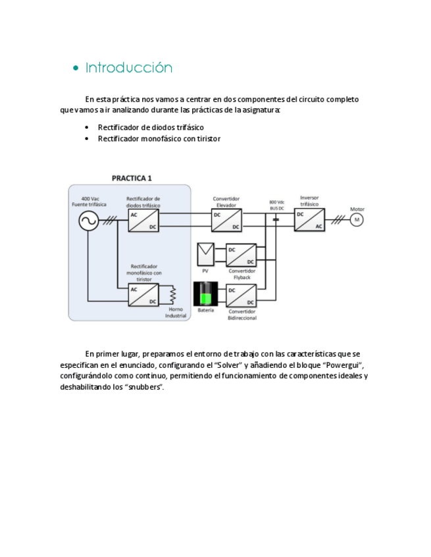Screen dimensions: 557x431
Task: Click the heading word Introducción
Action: click(x=129, y=68)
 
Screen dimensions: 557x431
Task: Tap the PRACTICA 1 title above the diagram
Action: click(x=132, y=178)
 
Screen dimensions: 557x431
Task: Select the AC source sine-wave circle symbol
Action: click(x=88, y=221)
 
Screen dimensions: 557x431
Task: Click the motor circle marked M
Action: click(x=357, y=219)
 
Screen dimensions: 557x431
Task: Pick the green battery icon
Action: click(x=205, y=294)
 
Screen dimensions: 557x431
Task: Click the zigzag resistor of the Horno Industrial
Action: click(x=174, y=295)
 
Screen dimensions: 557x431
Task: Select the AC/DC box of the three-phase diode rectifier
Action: click(x=143, y=221)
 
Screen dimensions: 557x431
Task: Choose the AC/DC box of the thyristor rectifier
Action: click(x=143, y=295)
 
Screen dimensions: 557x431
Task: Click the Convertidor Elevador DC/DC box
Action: click(x=226, y=220)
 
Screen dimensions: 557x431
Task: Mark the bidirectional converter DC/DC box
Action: click(x=241, y=295)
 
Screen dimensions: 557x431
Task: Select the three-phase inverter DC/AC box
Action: click(x=309, y=219)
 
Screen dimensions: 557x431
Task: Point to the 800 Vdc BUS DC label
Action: click(x=276, y=205)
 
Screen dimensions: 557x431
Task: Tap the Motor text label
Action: click(x=357, y=209)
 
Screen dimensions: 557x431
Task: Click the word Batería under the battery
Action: click(x=205, y=310)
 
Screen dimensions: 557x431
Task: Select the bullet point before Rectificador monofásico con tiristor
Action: click(x=88, y=139)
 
